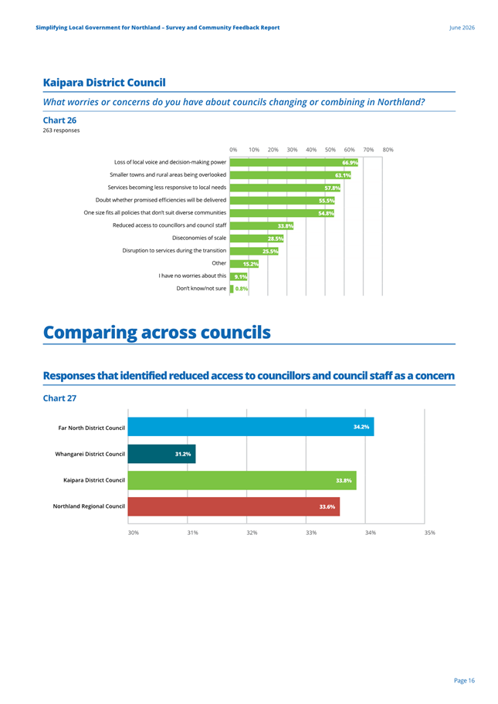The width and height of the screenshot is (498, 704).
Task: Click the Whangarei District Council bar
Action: point(161,454)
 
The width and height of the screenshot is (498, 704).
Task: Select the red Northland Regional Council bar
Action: point(234,506)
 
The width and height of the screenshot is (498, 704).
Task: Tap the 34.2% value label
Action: point(361,427)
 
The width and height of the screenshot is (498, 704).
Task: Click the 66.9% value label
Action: point(350,163)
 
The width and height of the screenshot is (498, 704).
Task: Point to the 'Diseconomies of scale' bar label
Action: point(199,238)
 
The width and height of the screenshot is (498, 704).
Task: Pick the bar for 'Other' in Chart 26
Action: point(244,264)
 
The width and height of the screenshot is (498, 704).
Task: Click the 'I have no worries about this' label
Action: point(192,276)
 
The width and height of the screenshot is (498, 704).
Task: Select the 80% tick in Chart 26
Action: point(388,150)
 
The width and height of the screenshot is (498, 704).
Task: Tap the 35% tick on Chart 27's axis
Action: point(430,533)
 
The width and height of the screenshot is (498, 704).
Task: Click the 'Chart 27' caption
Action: point(59,398)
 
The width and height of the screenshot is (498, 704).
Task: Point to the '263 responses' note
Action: point(61,130)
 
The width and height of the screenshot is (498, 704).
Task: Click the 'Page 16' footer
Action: point(464,681)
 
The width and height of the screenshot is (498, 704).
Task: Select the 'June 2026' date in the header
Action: point(462,27)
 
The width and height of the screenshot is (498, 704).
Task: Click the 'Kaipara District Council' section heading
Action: point(104,83)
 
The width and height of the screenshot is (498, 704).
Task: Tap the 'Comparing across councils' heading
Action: point(157,332)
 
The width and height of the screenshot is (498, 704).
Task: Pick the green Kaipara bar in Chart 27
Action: point(242,480)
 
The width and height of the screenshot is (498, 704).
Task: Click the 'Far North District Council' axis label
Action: point(92,428)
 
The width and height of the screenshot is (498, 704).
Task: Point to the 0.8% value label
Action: point(242,289)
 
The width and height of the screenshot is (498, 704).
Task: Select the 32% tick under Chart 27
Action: point(252,533)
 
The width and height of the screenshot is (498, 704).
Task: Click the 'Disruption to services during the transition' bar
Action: point(254,252)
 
